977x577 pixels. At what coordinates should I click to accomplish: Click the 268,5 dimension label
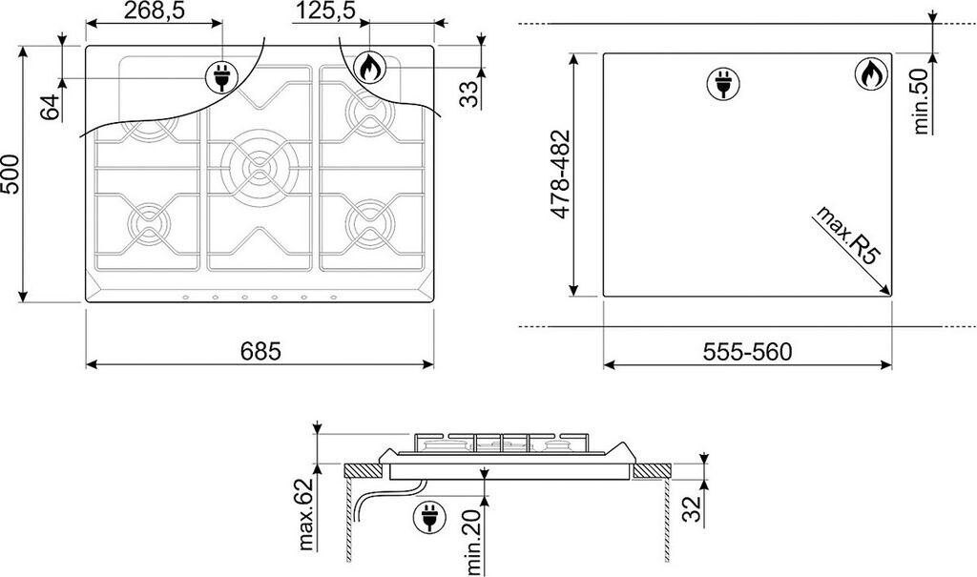(154, 10)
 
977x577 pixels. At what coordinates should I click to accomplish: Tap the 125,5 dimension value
(324, 10)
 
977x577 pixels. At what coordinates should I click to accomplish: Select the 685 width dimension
(260, 351)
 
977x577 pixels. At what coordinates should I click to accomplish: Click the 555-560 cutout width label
(747, 352)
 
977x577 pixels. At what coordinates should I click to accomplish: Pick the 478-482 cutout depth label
(560, 175)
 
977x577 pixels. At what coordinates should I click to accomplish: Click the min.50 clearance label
(921, 101)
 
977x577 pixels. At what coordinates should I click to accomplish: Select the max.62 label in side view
(305, 515)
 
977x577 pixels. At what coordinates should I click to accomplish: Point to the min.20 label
(473, 542)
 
